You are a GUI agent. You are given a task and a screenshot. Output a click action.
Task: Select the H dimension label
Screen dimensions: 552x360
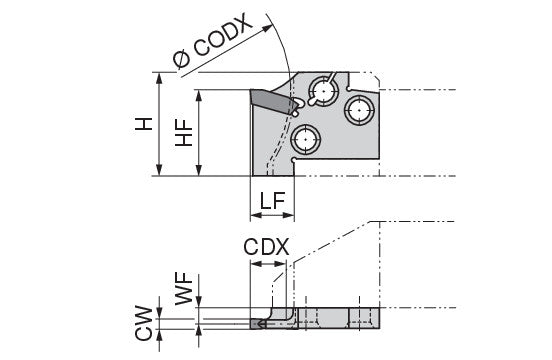[144, 124]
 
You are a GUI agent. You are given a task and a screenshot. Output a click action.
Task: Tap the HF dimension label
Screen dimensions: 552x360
[184, 133]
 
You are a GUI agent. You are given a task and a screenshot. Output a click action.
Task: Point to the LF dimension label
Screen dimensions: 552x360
[272, 201]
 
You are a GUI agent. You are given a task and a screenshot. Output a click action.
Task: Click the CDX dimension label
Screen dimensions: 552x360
[266, 247]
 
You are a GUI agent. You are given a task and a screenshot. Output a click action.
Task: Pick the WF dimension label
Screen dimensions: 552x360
[184, 288]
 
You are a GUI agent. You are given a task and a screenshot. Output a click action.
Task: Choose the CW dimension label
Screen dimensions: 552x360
[144, 323]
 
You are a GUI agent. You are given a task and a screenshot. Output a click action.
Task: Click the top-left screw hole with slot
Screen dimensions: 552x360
[323, 91]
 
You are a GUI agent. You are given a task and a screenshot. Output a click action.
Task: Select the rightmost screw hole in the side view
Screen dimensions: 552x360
[359, 110]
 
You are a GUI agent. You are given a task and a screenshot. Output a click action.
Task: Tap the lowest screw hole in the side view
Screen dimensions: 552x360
[305, 139]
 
